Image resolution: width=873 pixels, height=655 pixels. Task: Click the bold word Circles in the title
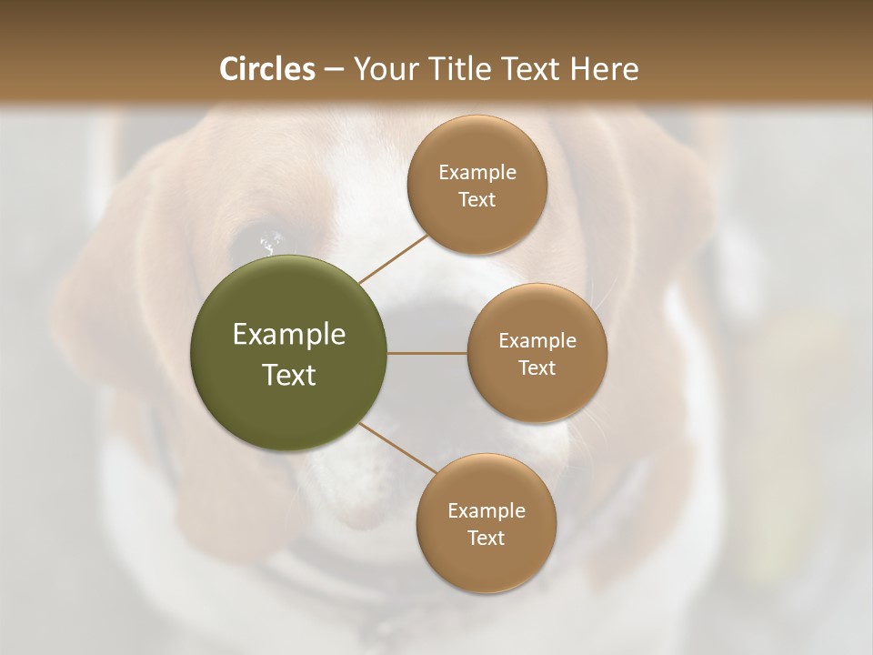[x=266, y=68]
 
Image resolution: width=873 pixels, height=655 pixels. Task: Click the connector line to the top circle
[x=393, y=258]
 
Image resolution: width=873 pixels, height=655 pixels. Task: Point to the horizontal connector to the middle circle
[x=427, y=353]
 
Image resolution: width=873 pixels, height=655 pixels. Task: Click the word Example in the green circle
[x=289, y=335]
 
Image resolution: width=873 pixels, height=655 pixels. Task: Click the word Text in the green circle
[x=289, y=375]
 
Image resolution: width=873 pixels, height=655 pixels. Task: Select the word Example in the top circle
[x=477, y=172]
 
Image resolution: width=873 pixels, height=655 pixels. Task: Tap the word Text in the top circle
[x=477, y=199]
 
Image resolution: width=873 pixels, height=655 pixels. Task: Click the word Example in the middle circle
[x=537, y=340]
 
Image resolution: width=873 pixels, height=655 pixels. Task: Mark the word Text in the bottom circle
[x=486, y=538]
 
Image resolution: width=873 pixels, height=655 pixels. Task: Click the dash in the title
[x=334, y=68]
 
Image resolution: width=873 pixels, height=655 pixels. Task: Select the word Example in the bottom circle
[x=486, y=510]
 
